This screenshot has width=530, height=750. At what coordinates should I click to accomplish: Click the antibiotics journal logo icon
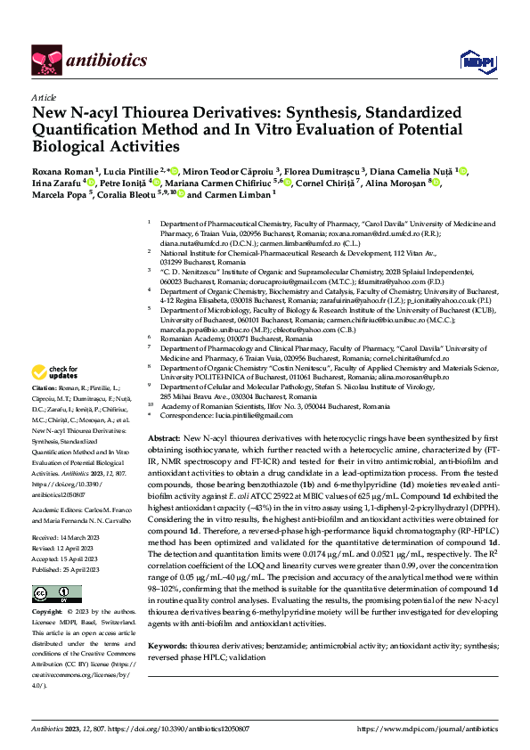(x=46, y=60)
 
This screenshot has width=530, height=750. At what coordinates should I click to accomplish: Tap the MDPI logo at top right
(x=473, y=60)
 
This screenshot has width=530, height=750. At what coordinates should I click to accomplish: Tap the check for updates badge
(x=55, y=396)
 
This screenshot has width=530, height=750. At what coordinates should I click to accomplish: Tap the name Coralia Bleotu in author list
(x=123, y=194)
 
